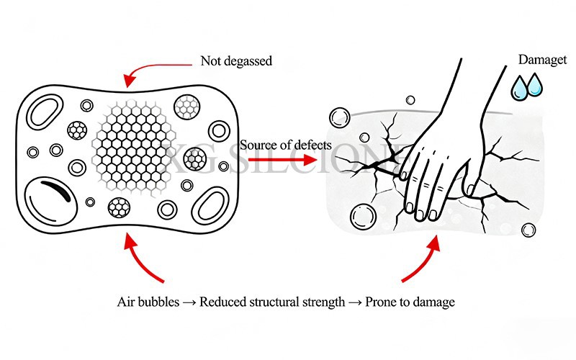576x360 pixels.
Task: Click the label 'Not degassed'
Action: click(x=236, y=61)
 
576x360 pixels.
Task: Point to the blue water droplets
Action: click(x=526, y=87)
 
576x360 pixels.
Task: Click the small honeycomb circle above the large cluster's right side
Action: click(x=188, y=107)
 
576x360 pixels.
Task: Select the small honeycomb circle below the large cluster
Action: click(x=119, y=208)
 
